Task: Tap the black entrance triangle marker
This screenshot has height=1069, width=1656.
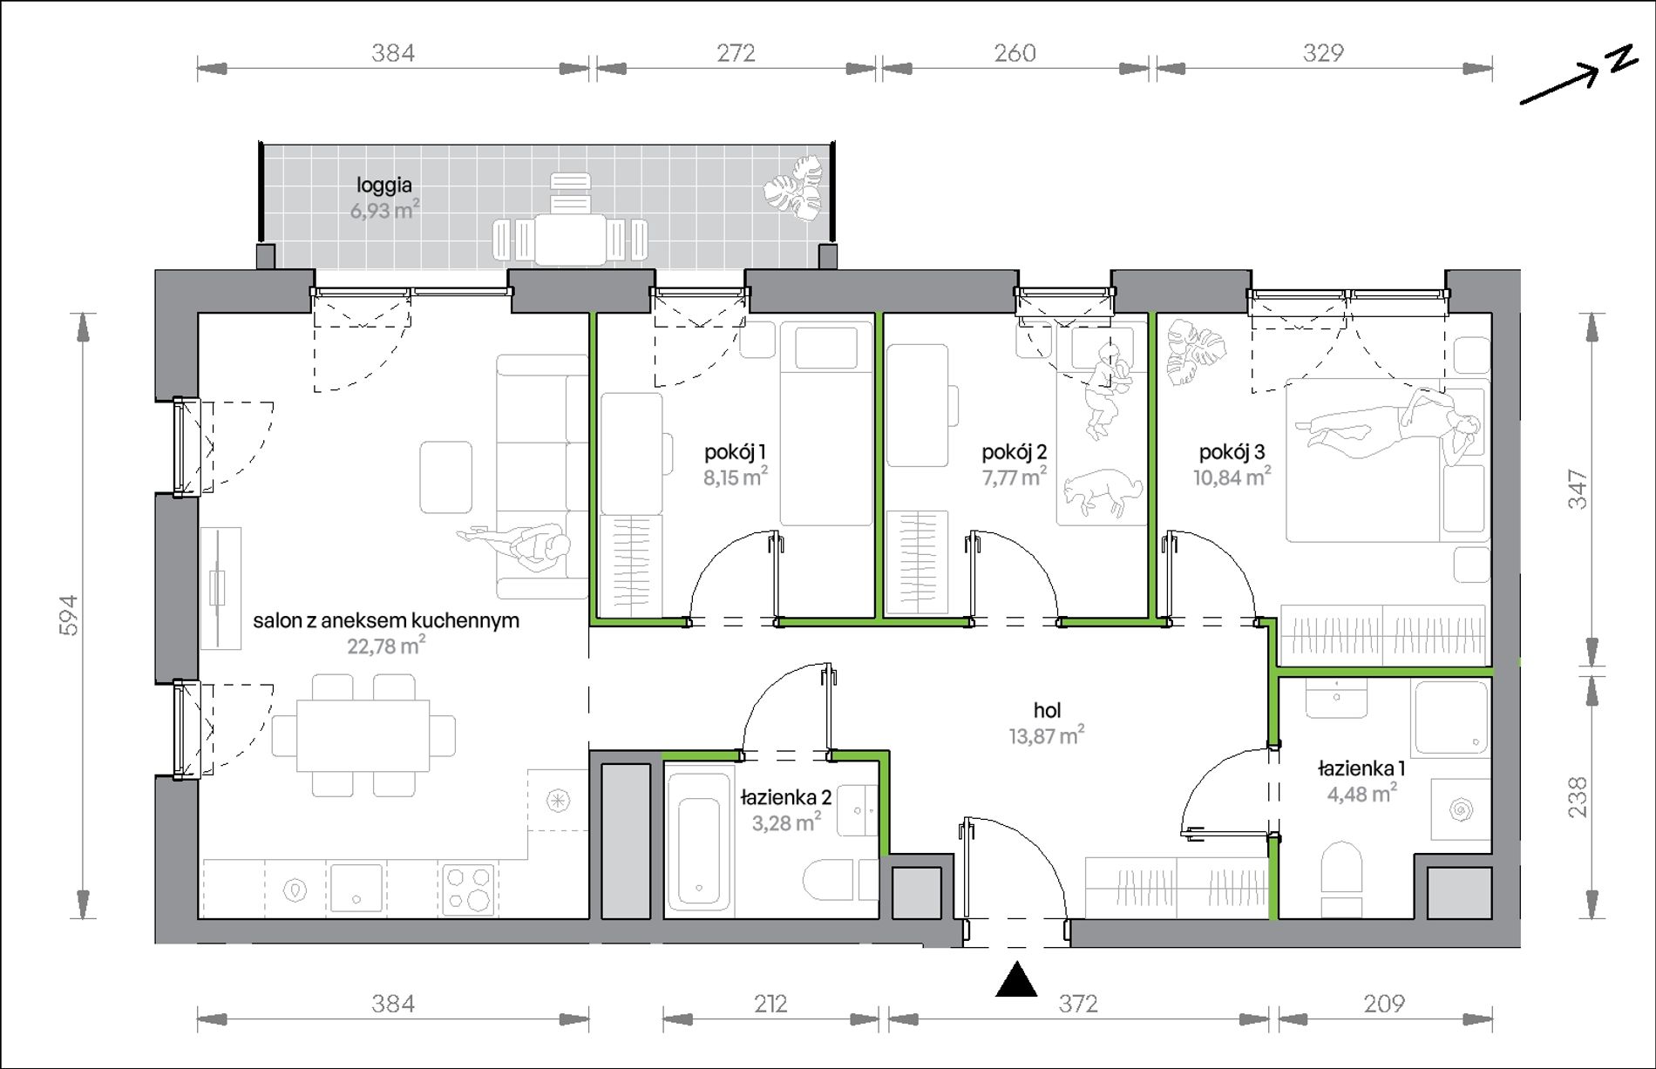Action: [1016, 979]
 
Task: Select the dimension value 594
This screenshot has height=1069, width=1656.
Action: [69, 615]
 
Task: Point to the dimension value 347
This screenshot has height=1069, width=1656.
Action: [1578, 489]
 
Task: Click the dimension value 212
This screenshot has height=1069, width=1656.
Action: [770, 1004]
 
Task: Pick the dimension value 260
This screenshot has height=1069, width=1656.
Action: [1015, 53]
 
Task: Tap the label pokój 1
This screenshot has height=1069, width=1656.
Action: [735, 452]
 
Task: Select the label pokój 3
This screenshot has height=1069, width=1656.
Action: [1232, 452]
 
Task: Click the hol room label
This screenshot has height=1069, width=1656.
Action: [1047, 710]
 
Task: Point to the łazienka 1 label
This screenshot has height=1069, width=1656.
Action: [1361, 769]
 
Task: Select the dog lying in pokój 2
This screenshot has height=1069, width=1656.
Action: [1102, 494]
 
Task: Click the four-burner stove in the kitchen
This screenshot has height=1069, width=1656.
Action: [468, 888]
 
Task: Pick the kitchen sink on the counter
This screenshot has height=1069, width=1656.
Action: [356, 888]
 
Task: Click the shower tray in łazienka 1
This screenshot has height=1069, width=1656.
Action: [1451, 718]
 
